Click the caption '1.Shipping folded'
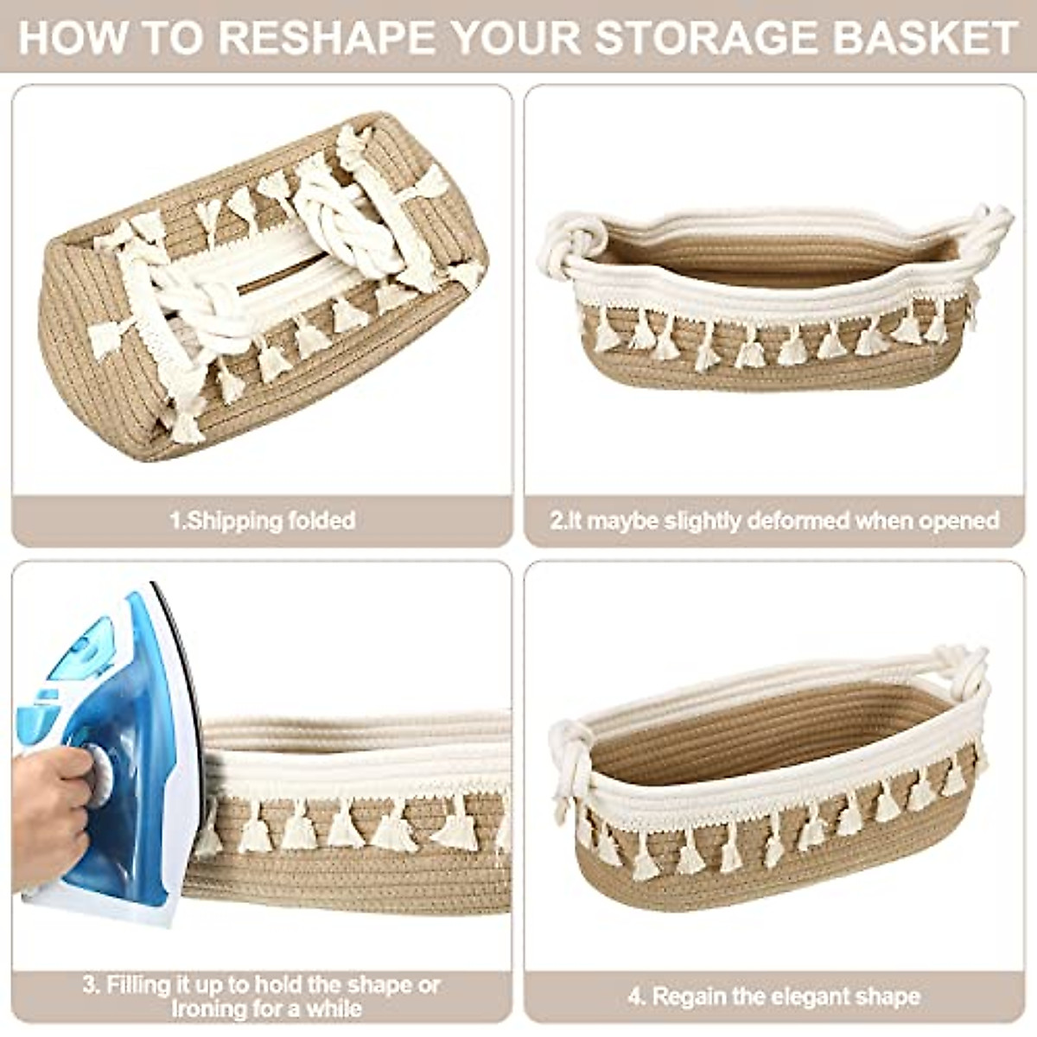262,520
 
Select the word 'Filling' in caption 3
139,984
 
